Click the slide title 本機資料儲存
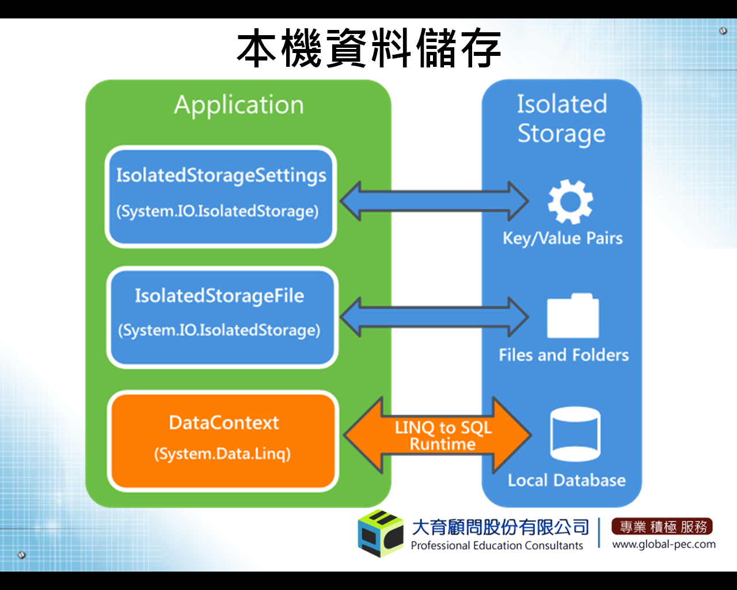tap(369, 48)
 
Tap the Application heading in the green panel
tap(239, 105)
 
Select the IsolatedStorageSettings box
tap(221, 196)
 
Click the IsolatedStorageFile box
tap(222, 317)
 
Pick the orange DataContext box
tap(223, 441)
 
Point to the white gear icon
tap(570, 202)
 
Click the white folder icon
tap(573, 315)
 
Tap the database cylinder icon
tap(575, 434)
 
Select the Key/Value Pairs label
tap(563, 239)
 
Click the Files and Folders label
tap(564, 355)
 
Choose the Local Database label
tap(567, 480)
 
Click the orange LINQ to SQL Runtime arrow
tap(438, 435)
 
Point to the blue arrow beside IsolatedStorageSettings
tap(434, 201)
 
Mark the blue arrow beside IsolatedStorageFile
tap(434, 317)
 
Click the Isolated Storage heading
tap(561, 118)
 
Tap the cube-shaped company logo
tap(381, 534)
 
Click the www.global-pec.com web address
tap(664, 544)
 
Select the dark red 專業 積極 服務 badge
tap(662, 526)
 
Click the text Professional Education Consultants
tap(497, 545)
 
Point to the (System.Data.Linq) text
tap(222, 454)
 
